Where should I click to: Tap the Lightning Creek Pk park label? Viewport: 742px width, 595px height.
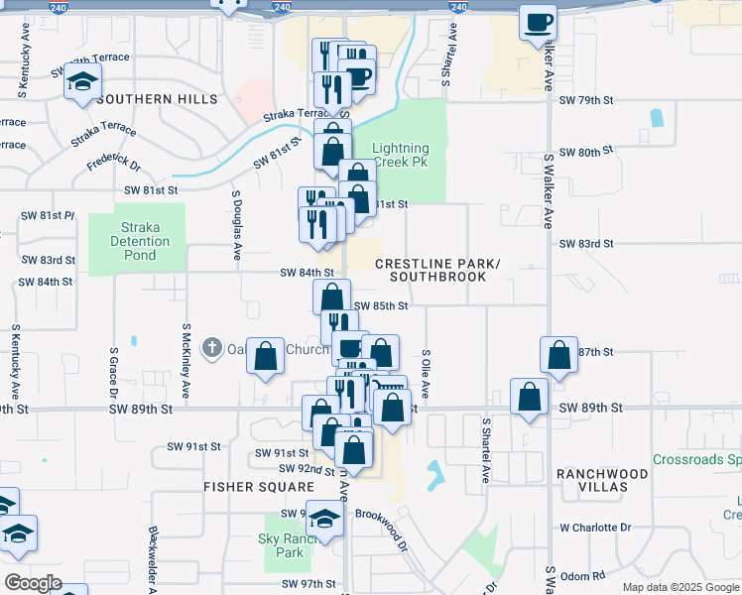click(401, 155)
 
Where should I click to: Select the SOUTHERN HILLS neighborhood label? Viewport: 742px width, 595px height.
click(158, 100)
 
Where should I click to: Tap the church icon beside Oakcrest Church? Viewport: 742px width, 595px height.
click(211, 348)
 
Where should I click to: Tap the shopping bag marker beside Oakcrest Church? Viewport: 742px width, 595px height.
click(266, 359)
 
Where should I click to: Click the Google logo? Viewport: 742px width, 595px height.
click(33, 583)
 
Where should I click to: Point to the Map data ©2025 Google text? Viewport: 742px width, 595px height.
click(680, 587)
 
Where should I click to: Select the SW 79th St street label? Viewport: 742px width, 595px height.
click(587, 100)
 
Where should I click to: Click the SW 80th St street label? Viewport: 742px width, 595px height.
click(587, 153)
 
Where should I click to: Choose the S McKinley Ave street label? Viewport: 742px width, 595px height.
click(186, 356)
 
